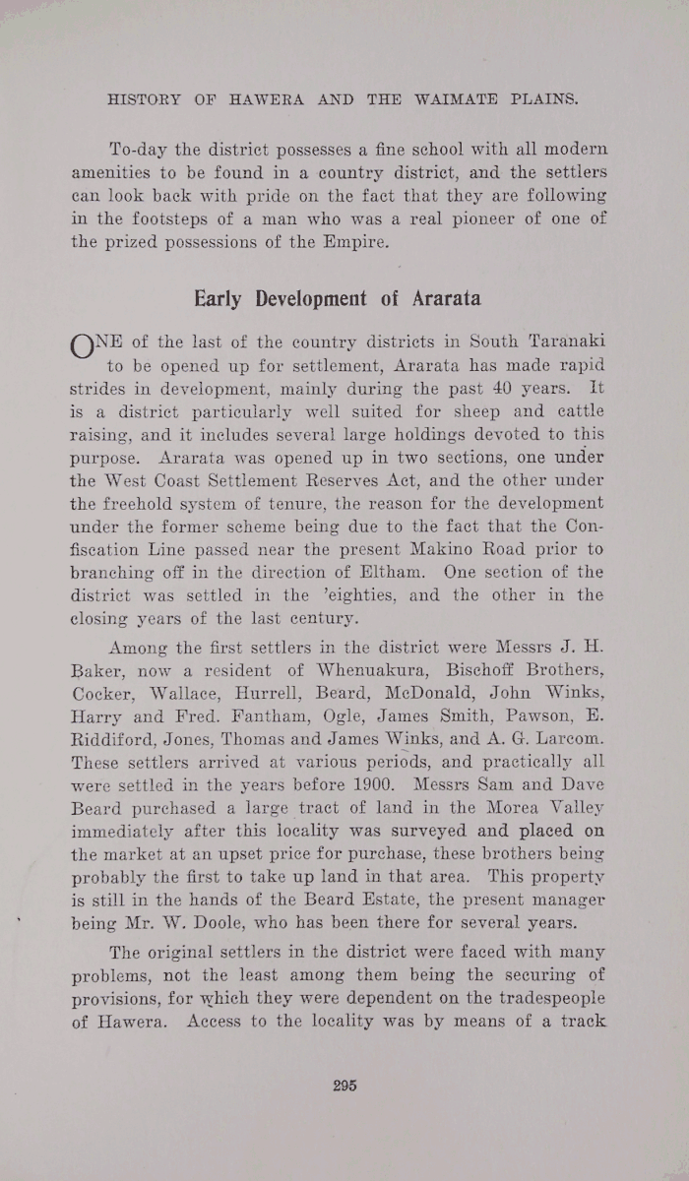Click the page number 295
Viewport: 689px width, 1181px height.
[x=344, y=1086]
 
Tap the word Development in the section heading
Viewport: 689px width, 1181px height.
[x=298, y=297]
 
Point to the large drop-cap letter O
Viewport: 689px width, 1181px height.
[x=83, y=348]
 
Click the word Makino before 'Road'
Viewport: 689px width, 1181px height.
[x=438, y=550]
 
